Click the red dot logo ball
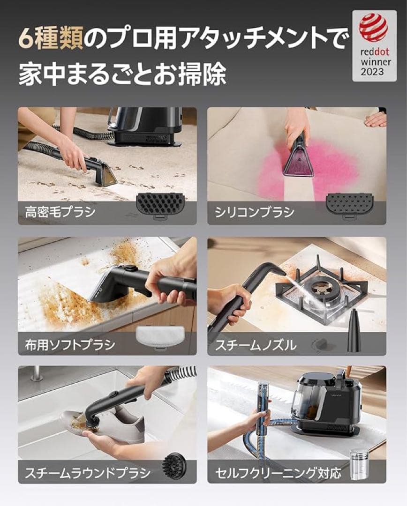click(x=373, y=28)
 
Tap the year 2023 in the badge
click(x=372, y=72)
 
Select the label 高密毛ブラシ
click(x=60, y=212)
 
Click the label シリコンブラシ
click(x=255, y=212)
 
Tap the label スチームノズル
click(x=256, y=345)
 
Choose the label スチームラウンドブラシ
click(x=88, y=472)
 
